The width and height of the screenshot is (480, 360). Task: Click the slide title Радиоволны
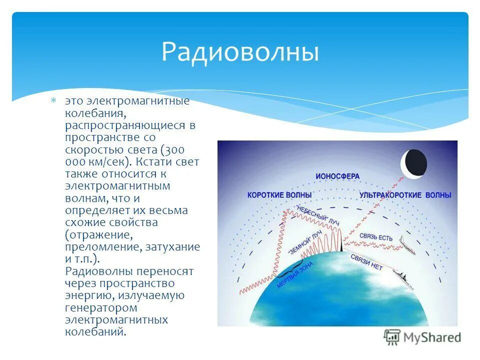pyautogui.click(x=240, y=52)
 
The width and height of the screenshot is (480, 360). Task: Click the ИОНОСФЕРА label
pyautogui.click(x=337, y=176)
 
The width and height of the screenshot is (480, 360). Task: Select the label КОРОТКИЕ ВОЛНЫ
pyautogui.click(x=279, y=194)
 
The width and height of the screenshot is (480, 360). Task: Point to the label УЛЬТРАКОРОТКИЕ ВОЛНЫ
pyautogui.click(x=405, y=195)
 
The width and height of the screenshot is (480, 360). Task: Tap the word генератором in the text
pyautogui.click(x=101, y=307)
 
